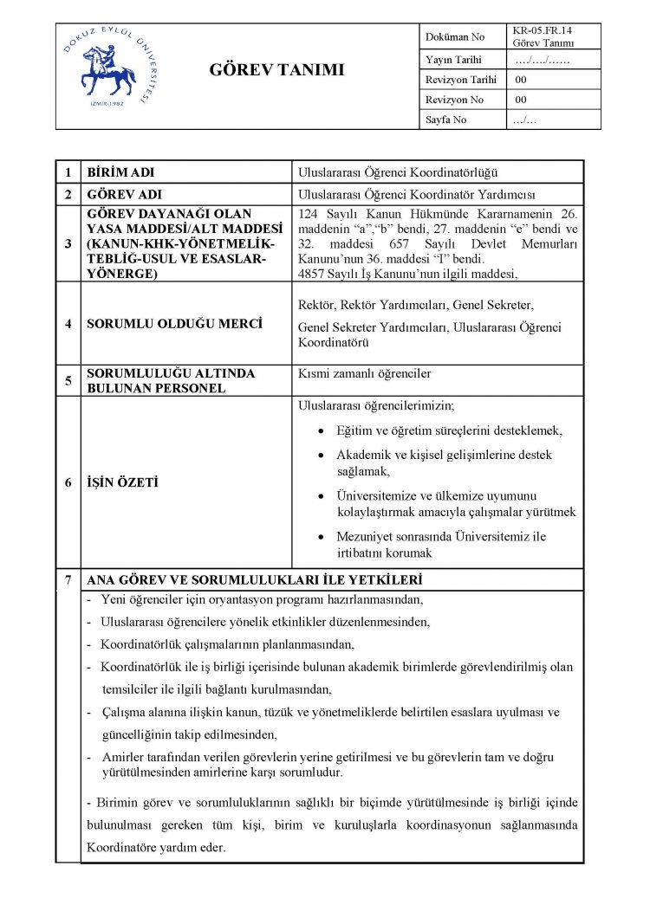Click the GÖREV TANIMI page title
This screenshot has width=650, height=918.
(x=276, y=70)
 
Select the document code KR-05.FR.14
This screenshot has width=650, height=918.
(x=543, y=30)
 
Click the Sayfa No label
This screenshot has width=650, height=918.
(x=446, y=120)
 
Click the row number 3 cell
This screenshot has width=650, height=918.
(x=68, y=243)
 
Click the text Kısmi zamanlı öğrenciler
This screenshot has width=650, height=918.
(x=364, y=374)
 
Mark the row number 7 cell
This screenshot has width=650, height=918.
(x=68, y=579)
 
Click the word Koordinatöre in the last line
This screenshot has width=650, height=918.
(x=121, y=848)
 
